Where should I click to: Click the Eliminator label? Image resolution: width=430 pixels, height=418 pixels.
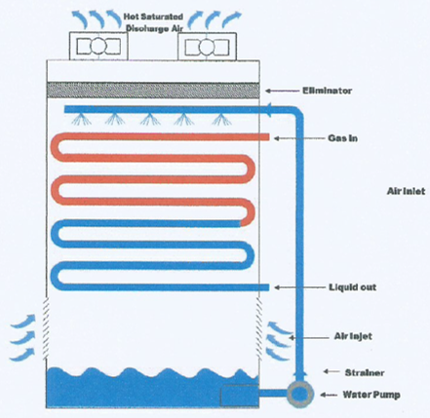327,91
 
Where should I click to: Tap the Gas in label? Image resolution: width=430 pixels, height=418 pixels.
342,138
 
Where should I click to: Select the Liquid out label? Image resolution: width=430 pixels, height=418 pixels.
353,287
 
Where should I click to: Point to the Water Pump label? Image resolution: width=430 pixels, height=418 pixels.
371,395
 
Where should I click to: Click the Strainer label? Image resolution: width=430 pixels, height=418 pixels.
365,372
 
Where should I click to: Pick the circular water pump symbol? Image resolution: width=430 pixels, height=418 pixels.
299,395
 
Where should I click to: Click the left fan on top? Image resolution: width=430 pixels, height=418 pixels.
98,47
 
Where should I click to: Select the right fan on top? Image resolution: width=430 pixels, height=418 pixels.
207,47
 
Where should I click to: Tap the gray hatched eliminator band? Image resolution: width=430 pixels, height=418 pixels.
153,90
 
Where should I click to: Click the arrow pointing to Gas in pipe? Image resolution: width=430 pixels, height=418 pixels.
299,138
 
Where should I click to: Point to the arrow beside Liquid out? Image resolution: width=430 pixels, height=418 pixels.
299,287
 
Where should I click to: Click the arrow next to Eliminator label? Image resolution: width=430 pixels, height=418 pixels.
282,91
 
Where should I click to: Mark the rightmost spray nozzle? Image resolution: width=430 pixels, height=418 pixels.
221,119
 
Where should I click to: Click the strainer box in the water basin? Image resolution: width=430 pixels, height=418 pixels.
240,396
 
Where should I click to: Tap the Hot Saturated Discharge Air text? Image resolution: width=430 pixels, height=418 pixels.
154,22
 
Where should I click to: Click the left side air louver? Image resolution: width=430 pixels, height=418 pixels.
46,328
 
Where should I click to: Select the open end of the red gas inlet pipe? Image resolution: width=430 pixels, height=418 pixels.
267,137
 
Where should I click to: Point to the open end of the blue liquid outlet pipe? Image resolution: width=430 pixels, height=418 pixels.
267,287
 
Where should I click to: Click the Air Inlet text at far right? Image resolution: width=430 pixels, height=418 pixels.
406,191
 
